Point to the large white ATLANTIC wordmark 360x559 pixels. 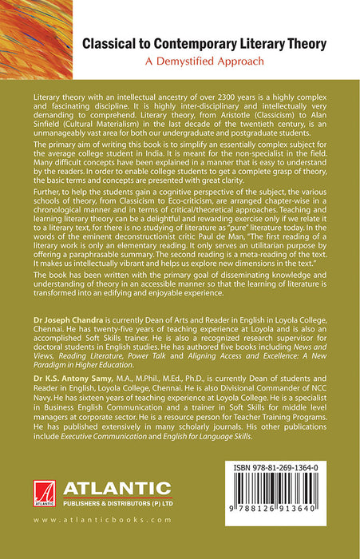pyautogui.click(x=118, y=488)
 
